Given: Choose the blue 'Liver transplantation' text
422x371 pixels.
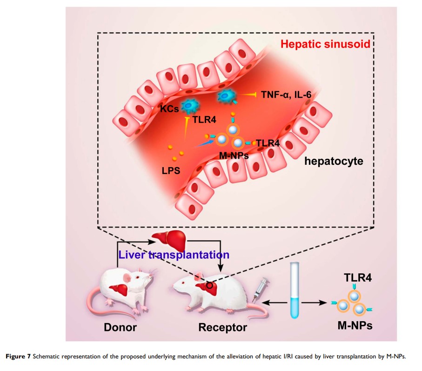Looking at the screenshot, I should point(174,255).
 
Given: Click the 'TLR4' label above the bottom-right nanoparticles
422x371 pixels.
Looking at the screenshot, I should point(355,278).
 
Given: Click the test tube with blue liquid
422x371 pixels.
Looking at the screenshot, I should point(294,290).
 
